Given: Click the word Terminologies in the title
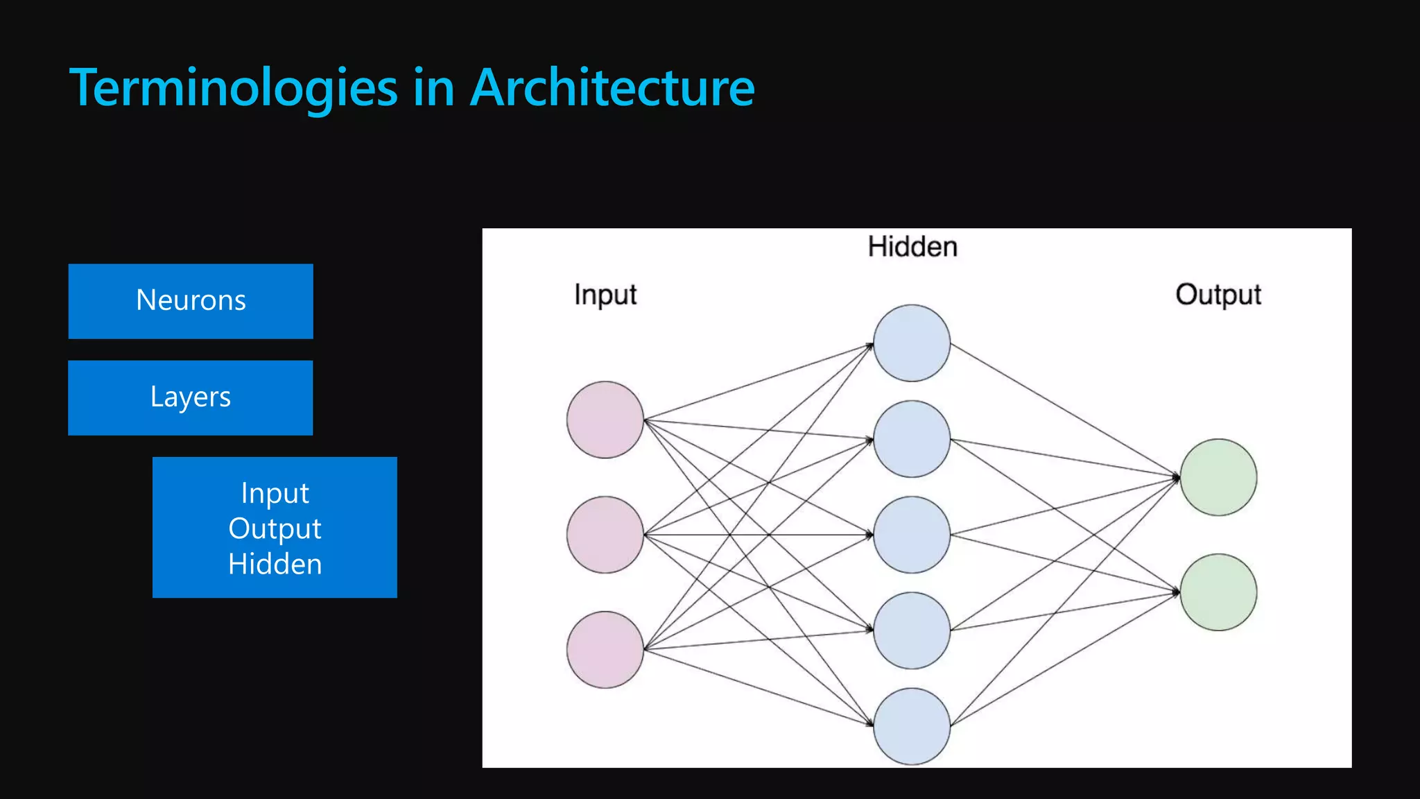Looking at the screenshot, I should click(234, 88).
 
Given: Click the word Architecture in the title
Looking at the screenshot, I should click(612, 88).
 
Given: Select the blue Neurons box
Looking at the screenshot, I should click(191, 301).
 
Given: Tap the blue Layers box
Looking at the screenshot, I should click(191, 397).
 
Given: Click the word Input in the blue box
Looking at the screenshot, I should click(275, 493).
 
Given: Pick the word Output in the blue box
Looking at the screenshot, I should click(275, 529).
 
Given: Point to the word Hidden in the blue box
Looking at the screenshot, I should click(275, 564).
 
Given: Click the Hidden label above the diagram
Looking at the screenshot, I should click(912, 247).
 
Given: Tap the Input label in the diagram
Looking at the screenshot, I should click(605, 295).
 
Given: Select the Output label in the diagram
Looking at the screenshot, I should click(1218, 295).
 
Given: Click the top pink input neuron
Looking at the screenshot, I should click(605, 420).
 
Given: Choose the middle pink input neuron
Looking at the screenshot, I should click(605, 535).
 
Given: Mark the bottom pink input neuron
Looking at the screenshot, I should click(605, 650).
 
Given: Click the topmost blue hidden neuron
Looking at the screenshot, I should click(912, 343).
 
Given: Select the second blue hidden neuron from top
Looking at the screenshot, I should click(912, 439).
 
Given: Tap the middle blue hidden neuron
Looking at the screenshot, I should click(912, 535).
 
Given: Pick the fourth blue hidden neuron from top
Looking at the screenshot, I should click(912, 630).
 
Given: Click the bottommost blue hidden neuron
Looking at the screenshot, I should click(912, 726).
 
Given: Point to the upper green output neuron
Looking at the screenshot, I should click(1218, 477).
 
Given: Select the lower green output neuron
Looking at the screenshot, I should click(1218, 592).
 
